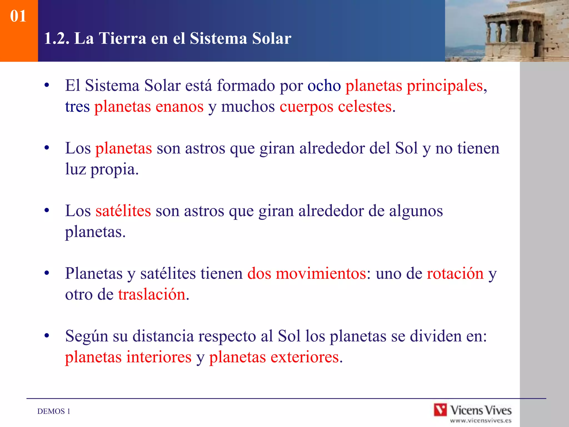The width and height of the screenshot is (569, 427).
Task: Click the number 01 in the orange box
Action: coord(18,16)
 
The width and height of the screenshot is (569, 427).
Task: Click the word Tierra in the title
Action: coord(122,38)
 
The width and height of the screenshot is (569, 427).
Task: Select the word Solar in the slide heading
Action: coord(271,38)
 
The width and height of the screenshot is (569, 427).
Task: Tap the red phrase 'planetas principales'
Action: coord(414,86)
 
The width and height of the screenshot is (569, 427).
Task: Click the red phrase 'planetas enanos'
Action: coord(149,107)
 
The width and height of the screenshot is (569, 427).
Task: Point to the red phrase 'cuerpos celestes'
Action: coord(336,107)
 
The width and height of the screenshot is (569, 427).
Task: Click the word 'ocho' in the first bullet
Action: coord(324,86)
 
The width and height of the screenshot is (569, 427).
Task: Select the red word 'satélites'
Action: coord(123,211)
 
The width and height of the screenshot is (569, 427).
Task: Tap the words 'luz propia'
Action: coord(101,169)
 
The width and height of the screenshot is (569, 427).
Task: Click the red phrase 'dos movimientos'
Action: coord(307,274)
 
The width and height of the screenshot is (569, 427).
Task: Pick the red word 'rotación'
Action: coord(455,274)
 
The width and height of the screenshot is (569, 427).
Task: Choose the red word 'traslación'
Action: coord(152,295)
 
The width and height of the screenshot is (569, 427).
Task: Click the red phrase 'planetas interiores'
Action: coord(128,357)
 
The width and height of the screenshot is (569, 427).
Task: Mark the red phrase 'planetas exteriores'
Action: coord(274,357)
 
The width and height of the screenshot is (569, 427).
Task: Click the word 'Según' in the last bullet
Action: coord(86,336)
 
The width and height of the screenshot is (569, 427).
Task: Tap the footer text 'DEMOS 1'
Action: coord(54,411)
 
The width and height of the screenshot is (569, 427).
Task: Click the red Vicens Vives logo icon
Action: coord(440,410)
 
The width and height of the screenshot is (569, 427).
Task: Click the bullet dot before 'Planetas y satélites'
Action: coord(47,273)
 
